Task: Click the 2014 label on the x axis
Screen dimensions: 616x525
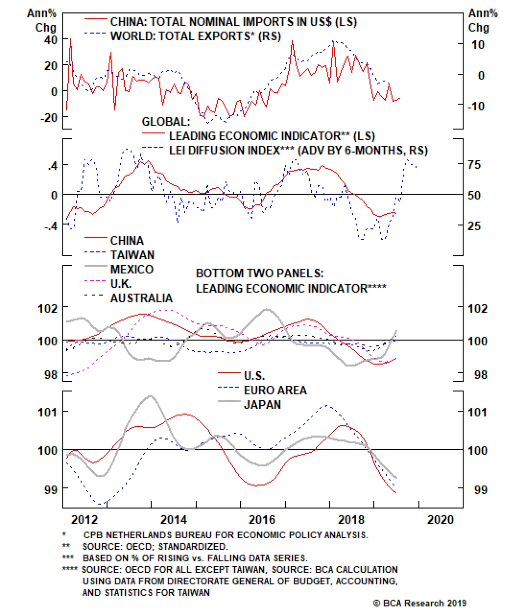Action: (x=173, y=520)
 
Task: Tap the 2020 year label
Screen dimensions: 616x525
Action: (x=440, y=520)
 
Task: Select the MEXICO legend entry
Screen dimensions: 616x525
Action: (x=132, y=269)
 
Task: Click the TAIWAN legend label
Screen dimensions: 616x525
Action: (x=132, y=255)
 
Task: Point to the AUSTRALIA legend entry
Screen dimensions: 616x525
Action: (x=141, y=298)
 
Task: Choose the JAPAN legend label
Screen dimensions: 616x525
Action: (x=262, y=404)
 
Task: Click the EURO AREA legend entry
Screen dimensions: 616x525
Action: (x=275, y=390)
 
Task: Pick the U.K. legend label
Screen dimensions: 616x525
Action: (x=121, y=284)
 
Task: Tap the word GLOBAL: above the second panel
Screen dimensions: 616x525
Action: (x=166, y=122)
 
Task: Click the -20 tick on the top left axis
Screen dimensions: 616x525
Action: (x=49, y=117)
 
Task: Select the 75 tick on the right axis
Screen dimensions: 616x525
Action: (x=474, y=165)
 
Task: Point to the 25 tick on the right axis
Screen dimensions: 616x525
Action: (x=474, y=226)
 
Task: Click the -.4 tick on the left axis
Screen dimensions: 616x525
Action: (x=51, y=226)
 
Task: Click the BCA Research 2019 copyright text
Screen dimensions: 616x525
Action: (x=420, y=603)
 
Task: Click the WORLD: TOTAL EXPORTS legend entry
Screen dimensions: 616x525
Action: (x=196, y=36)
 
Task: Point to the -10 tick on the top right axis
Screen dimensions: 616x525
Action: (x=476, y=106)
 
